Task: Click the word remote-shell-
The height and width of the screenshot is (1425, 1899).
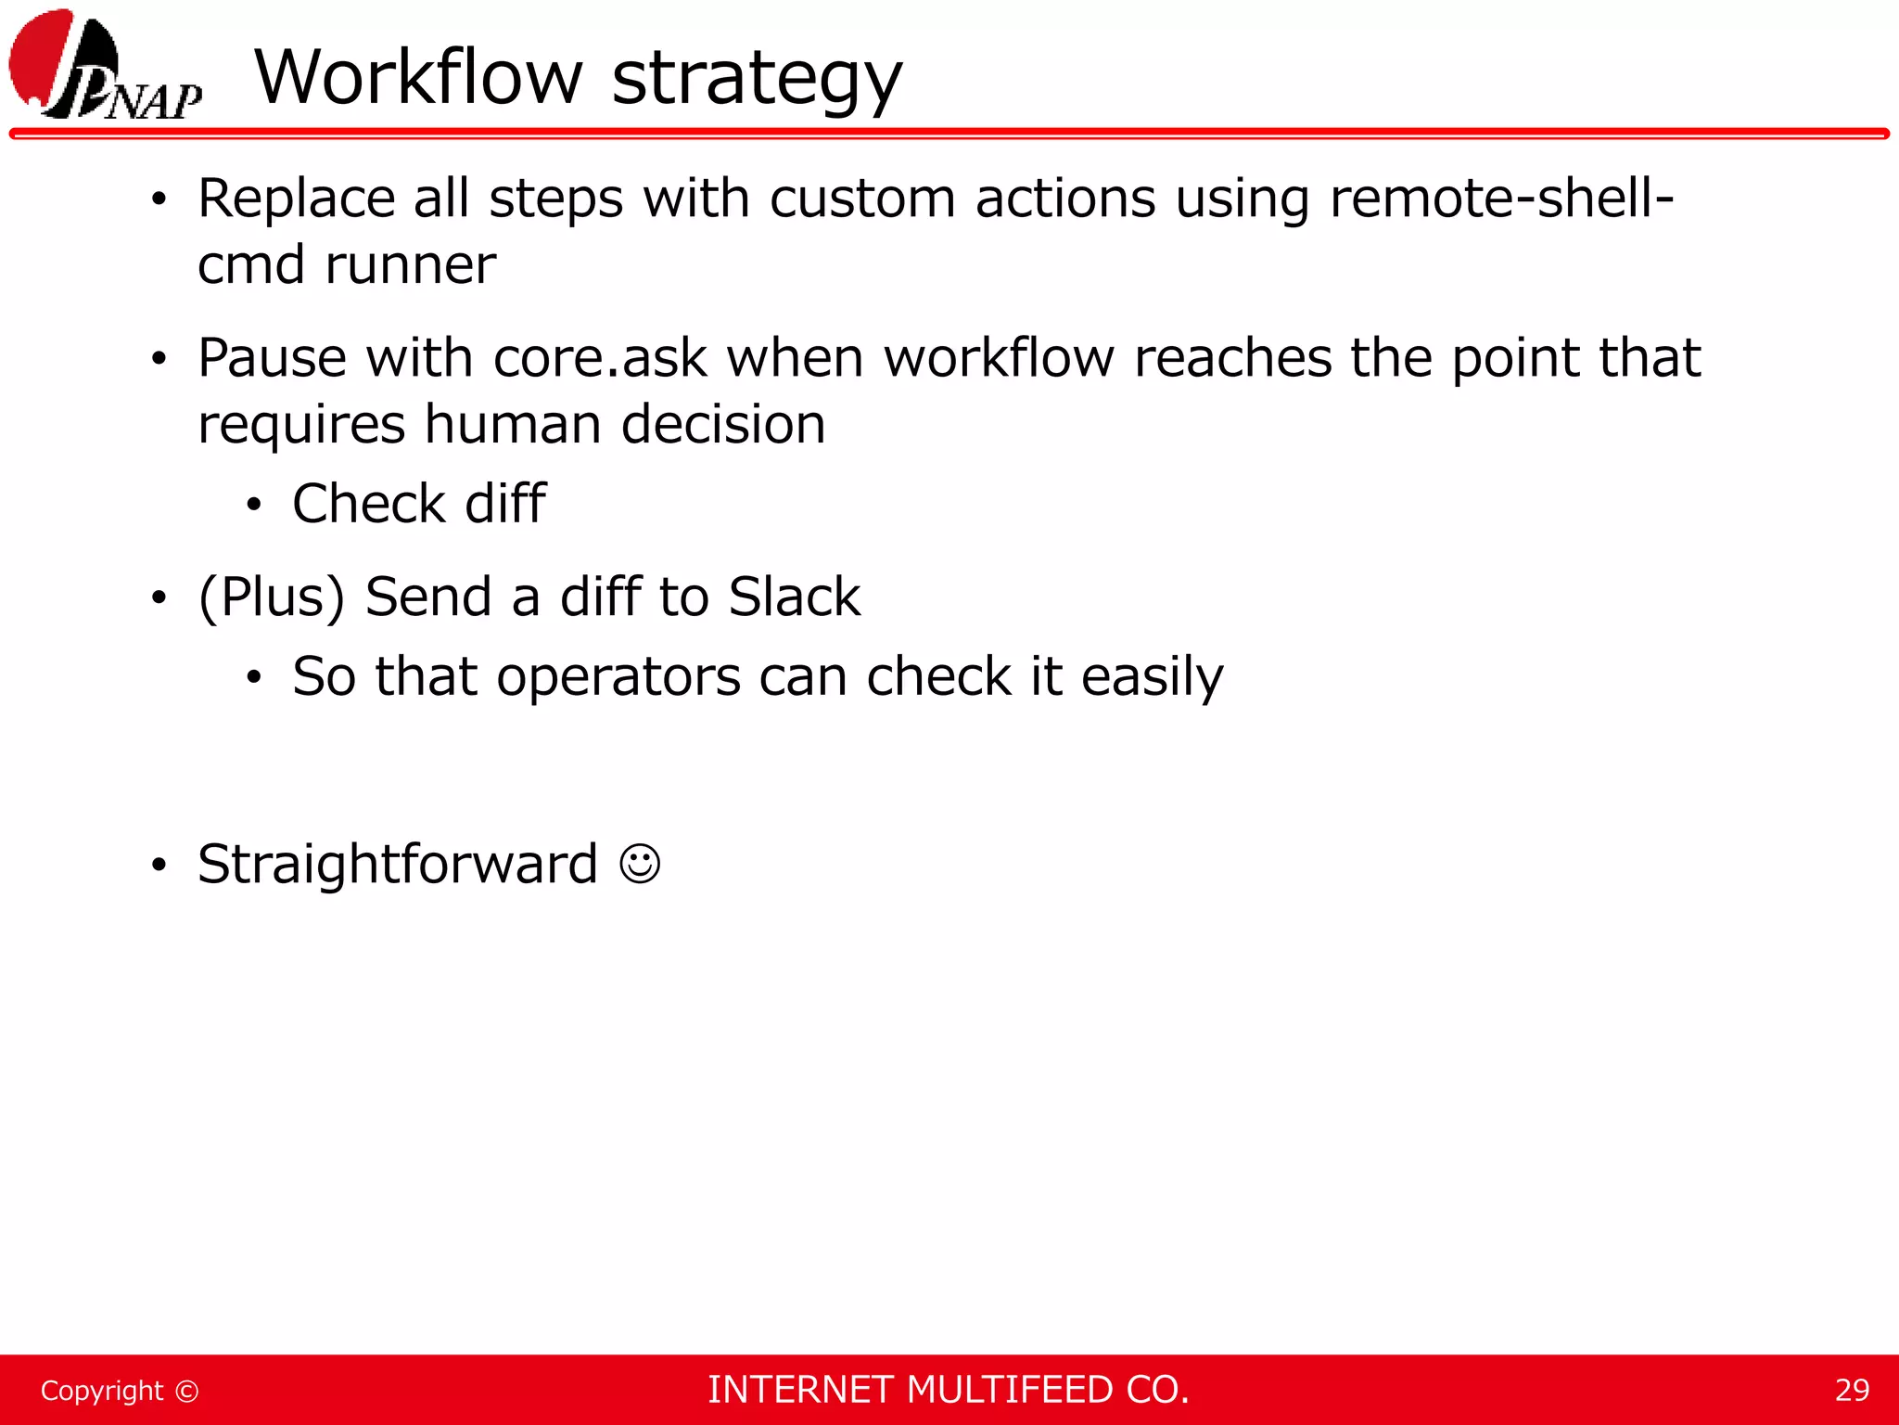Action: click(x=1501, y=199)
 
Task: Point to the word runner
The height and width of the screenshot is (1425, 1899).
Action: click(x=410, y=265)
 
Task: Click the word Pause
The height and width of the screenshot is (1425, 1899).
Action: click(x=272, y=358)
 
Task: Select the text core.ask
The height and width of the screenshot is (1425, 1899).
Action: click(x=600, y=358)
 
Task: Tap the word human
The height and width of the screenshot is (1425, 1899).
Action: click(x=512, y=425)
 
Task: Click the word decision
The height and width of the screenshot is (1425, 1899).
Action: click(x=722, y=425)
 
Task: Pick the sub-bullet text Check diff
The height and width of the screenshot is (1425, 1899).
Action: click(x=418, y=504)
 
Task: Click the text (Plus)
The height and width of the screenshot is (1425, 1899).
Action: click(x=272, y=597)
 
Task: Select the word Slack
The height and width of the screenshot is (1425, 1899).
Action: click(x=794, y=597)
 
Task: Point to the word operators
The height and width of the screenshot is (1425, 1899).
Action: click(x=618, y=676)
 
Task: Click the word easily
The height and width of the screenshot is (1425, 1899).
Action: click(x=1152, y=678)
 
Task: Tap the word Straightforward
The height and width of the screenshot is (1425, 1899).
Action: click(x=398, y=865)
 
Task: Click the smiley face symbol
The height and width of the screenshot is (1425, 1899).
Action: click(x=640, y=865)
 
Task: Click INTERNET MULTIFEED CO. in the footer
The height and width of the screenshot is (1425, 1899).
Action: click(x=948, y=1390)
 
